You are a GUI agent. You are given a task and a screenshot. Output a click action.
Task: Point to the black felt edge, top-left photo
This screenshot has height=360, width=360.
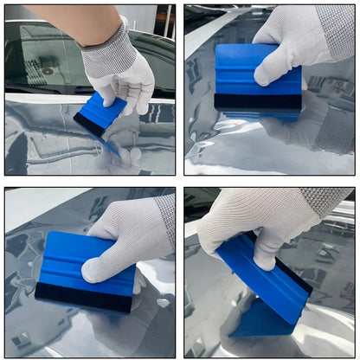coord(88,125)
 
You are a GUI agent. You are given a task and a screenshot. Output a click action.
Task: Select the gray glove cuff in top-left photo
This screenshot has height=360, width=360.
coord(104,39)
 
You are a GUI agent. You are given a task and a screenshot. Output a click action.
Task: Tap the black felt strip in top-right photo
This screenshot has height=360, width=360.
coord(258,101)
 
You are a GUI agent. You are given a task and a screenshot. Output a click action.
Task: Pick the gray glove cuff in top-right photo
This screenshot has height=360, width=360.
coord(336,30)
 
